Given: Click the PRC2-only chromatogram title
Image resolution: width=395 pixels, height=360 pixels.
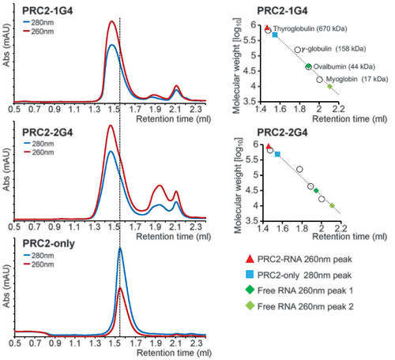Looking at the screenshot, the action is pyautogui.click(x=48, y=243).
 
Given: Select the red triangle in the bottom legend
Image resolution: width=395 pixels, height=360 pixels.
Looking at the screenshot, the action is pyautogui.click(x=250, y=259).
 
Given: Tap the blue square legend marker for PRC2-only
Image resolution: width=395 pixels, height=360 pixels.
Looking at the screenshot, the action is pyautogui.click(x=250, y=275).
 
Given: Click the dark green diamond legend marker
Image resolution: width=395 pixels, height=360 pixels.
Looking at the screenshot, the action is pyautogui.click(x=250, y=290).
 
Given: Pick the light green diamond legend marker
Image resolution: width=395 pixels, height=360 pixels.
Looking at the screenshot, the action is pyautogui.click(x=250, y=306).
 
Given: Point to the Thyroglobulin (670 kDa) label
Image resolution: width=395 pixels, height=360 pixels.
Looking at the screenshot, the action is pyautogui.click(x=310, y=28).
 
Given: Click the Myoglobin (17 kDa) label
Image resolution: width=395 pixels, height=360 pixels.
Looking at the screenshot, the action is pyautogui.click(x=357, y=79).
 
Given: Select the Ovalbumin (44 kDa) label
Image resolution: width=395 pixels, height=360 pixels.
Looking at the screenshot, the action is pyautogui.click(x=344, y=66).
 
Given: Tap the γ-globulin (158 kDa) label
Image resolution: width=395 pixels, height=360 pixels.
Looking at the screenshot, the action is pyautogui.click(x=333, y=49).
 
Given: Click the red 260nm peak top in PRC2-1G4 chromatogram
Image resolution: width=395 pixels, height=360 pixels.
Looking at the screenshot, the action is pyautogui.click(x=112, y=21).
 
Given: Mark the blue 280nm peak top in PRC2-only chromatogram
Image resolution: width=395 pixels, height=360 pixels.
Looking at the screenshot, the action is pyautogui.click(x=120, y=248).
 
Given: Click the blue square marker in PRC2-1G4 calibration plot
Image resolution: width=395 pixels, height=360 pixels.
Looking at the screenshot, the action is pyautogui.click(x=275, y=35).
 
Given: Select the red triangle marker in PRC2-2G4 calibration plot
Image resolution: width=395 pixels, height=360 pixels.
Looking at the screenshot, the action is pyautogui.click(x=269, y=146).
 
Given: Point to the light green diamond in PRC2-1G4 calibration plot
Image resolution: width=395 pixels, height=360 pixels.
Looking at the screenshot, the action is pyautogui.click(x=329, y=86).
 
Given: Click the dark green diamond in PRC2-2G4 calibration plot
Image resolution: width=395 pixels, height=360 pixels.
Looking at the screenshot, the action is pyautogui.click(x=316, y=190).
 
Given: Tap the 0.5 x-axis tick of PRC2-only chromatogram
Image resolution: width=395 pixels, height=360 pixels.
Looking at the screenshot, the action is pyautogui.click(x=15, y=343).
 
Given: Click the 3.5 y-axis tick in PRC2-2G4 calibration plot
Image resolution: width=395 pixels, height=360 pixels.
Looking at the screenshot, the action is pyautogui.click(x=251, y=220).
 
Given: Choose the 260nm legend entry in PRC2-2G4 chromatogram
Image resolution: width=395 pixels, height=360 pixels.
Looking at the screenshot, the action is pyautogui.click(x=39, y=152).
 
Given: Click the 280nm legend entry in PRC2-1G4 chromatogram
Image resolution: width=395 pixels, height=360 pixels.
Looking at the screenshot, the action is pyautogui.click(x=39, y=23).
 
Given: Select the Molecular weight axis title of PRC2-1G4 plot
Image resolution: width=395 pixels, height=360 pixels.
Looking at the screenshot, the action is pyautogui.click(x=237, y=66).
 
